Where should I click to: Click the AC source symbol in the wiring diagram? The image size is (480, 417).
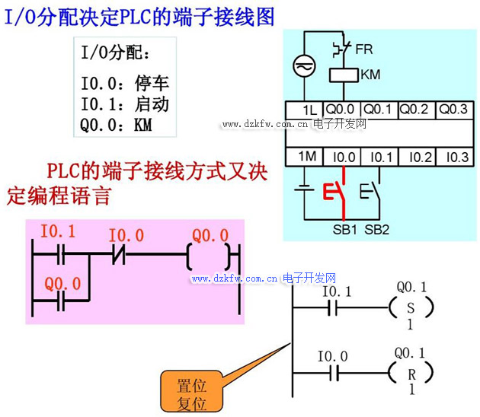coord(305,67)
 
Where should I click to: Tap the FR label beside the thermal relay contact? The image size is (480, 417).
coord(364,49)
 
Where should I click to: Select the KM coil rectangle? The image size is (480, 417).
coord(343,75)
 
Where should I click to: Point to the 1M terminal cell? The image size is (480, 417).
coord(307,157)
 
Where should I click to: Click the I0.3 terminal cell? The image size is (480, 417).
coord(456,158)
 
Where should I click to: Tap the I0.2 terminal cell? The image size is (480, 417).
coord(418,158)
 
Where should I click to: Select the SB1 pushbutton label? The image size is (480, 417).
coord(345,229)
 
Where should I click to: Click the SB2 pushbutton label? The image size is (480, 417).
coord(376,229)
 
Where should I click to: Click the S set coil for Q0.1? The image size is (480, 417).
coord(411,307)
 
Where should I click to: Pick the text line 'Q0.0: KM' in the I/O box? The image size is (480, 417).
coord(117,125)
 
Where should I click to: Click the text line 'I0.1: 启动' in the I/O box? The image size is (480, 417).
coord(125,104)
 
